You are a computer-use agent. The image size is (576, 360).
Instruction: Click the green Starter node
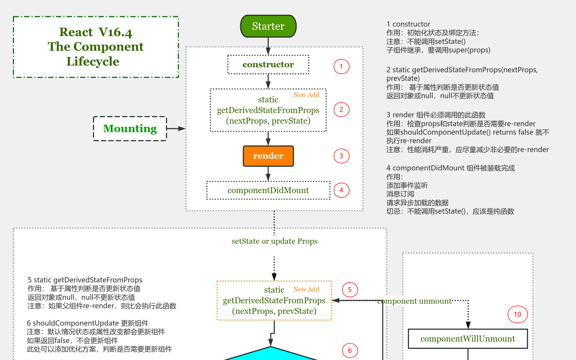pyautogui.click(x=268, y=26)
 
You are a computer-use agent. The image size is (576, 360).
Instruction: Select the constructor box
pyautogui.click(x=268, y=64)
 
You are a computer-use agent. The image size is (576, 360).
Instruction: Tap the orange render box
pyautogui.click(x=268, y=156)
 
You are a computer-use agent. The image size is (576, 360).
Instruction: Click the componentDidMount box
pyautogui.click(x=268, y=190)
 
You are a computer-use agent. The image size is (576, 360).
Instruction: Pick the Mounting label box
pyautogui.click(x=130, y=129)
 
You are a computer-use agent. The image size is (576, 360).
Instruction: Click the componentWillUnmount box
pyautogui.click(x=468, y=339)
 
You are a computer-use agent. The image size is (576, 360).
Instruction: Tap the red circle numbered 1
pyautogui.click(x=341, y=67)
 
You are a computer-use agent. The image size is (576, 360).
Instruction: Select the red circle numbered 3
pyautogui.click(x=341, y=156)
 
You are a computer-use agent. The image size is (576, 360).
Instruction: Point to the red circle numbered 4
pyautogui.click(x=341, y=190)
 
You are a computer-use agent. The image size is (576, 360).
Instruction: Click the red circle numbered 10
pyautogui.click(x=518, y=314)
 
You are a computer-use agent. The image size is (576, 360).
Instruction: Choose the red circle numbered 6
pyautogui.click(x=350, y=350)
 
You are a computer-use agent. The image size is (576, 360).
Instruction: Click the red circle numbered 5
pyautogui.click(x=350, y=290)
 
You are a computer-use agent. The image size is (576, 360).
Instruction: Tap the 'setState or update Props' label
pyautogui.click(x=275, y=241)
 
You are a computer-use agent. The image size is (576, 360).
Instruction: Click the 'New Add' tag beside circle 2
pyautogui.click(x=306, y=95)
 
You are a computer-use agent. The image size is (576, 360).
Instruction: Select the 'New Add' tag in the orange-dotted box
pyautogui.click(x=306, y=289)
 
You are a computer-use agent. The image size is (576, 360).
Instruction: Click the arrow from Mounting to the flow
pyautogui.click(x=176, y=129)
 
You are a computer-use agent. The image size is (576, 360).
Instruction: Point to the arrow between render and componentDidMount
pyautogui.click(x=268, y=174)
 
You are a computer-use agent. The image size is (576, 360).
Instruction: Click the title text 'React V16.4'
pyautogui.click(x=96, y=32)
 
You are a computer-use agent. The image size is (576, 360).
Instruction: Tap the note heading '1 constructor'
pyautogui.click(x=408, y=24)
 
